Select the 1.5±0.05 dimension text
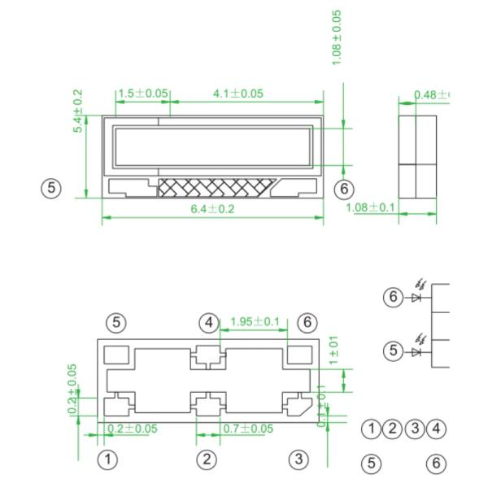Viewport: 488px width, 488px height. (x=142, y=94)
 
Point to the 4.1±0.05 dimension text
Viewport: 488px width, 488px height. (x=237, y=94)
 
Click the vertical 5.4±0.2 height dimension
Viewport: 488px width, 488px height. (x=79, y=111)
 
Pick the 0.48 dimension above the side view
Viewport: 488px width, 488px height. (x=431, y=95)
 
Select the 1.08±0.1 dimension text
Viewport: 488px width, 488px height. (x=370, y=207)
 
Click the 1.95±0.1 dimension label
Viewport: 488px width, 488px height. (x=255, y=322)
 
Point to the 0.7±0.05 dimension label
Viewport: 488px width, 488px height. (x=248, y=429)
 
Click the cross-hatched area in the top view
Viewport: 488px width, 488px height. (x=213, y=188)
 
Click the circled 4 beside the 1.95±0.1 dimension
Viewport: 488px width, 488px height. (x=209, y=323)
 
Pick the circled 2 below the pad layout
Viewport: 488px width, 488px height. (x=207, y=460)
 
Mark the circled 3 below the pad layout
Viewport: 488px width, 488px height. (x=299, y=460)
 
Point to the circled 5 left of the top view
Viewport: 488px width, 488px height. (x=51, y=188)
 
